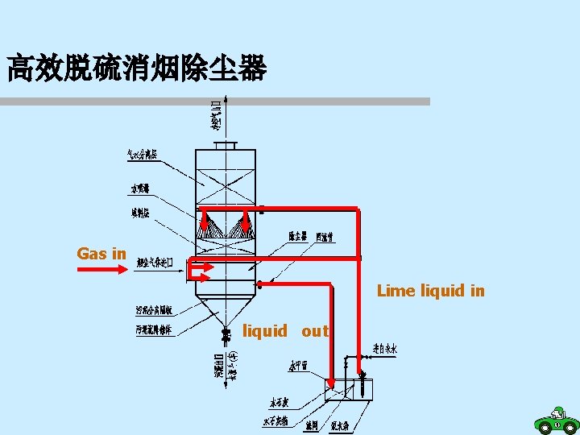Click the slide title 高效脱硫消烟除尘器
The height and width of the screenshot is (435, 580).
[136, 68]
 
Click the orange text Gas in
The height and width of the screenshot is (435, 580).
[101, 254]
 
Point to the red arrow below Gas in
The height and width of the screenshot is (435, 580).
[102, 270]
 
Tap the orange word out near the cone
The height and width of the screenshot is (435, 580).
[315, 331]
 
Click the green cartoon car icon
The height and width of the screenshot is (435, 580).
[556, 421]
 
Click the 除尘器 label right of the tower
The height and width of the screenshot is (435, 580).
[297, 237]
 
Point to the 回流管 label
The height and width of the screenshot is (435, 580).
[325, 237]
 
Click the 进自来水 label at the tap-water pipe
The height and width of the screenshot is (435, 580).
[384, 350]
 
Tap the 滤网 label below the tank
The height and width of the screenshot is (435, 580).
[312, 425]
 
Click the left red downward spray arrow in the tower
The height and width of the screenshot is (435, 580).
[205, 220]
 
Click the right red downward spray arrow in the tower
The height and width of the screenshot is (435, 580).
[246, 220]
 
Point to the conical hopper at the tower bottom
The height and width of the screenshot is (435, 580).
[226, 310]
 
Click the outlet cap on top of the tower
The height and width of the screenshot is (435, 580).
[226, 145]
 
